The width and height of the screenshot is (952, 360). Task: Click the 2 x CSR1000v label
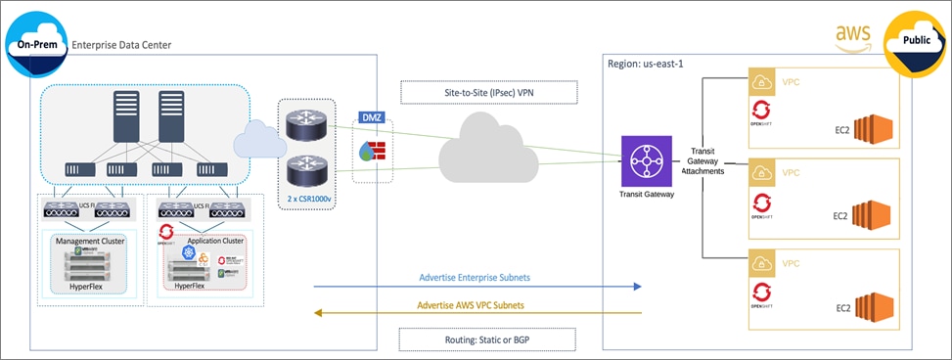pyautogui.click(x=307, y=199)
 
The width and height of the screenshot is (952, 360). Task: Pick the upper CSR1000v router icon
pyautogui.click(x=306, y=124)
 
